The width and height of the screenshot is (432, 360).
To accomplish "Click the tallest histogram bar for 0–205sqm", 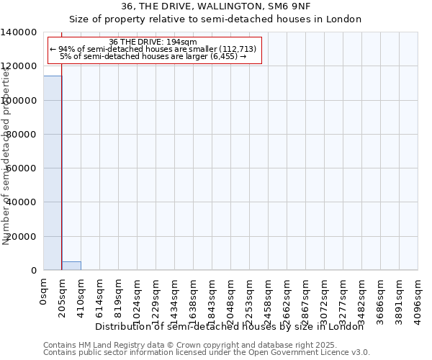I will click(53, 173).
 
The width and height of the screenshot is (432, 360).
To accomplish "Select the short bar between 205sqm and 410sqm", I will click(71, 266).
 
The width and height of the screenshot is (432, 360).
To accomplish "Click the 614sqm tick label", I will click(100, 294).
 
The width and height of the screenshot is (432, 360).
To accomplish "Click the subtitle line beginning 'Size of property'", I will click(215, 19).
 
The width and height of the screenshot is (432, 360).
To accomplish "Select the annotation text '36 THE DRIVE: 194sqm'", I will click(153, 42).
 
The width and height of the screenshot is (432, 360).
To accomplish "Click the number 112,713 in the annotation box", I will click(238, 49).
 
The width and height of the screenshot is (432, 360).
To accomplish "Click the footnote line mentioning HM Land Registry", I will click(205, 345).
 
